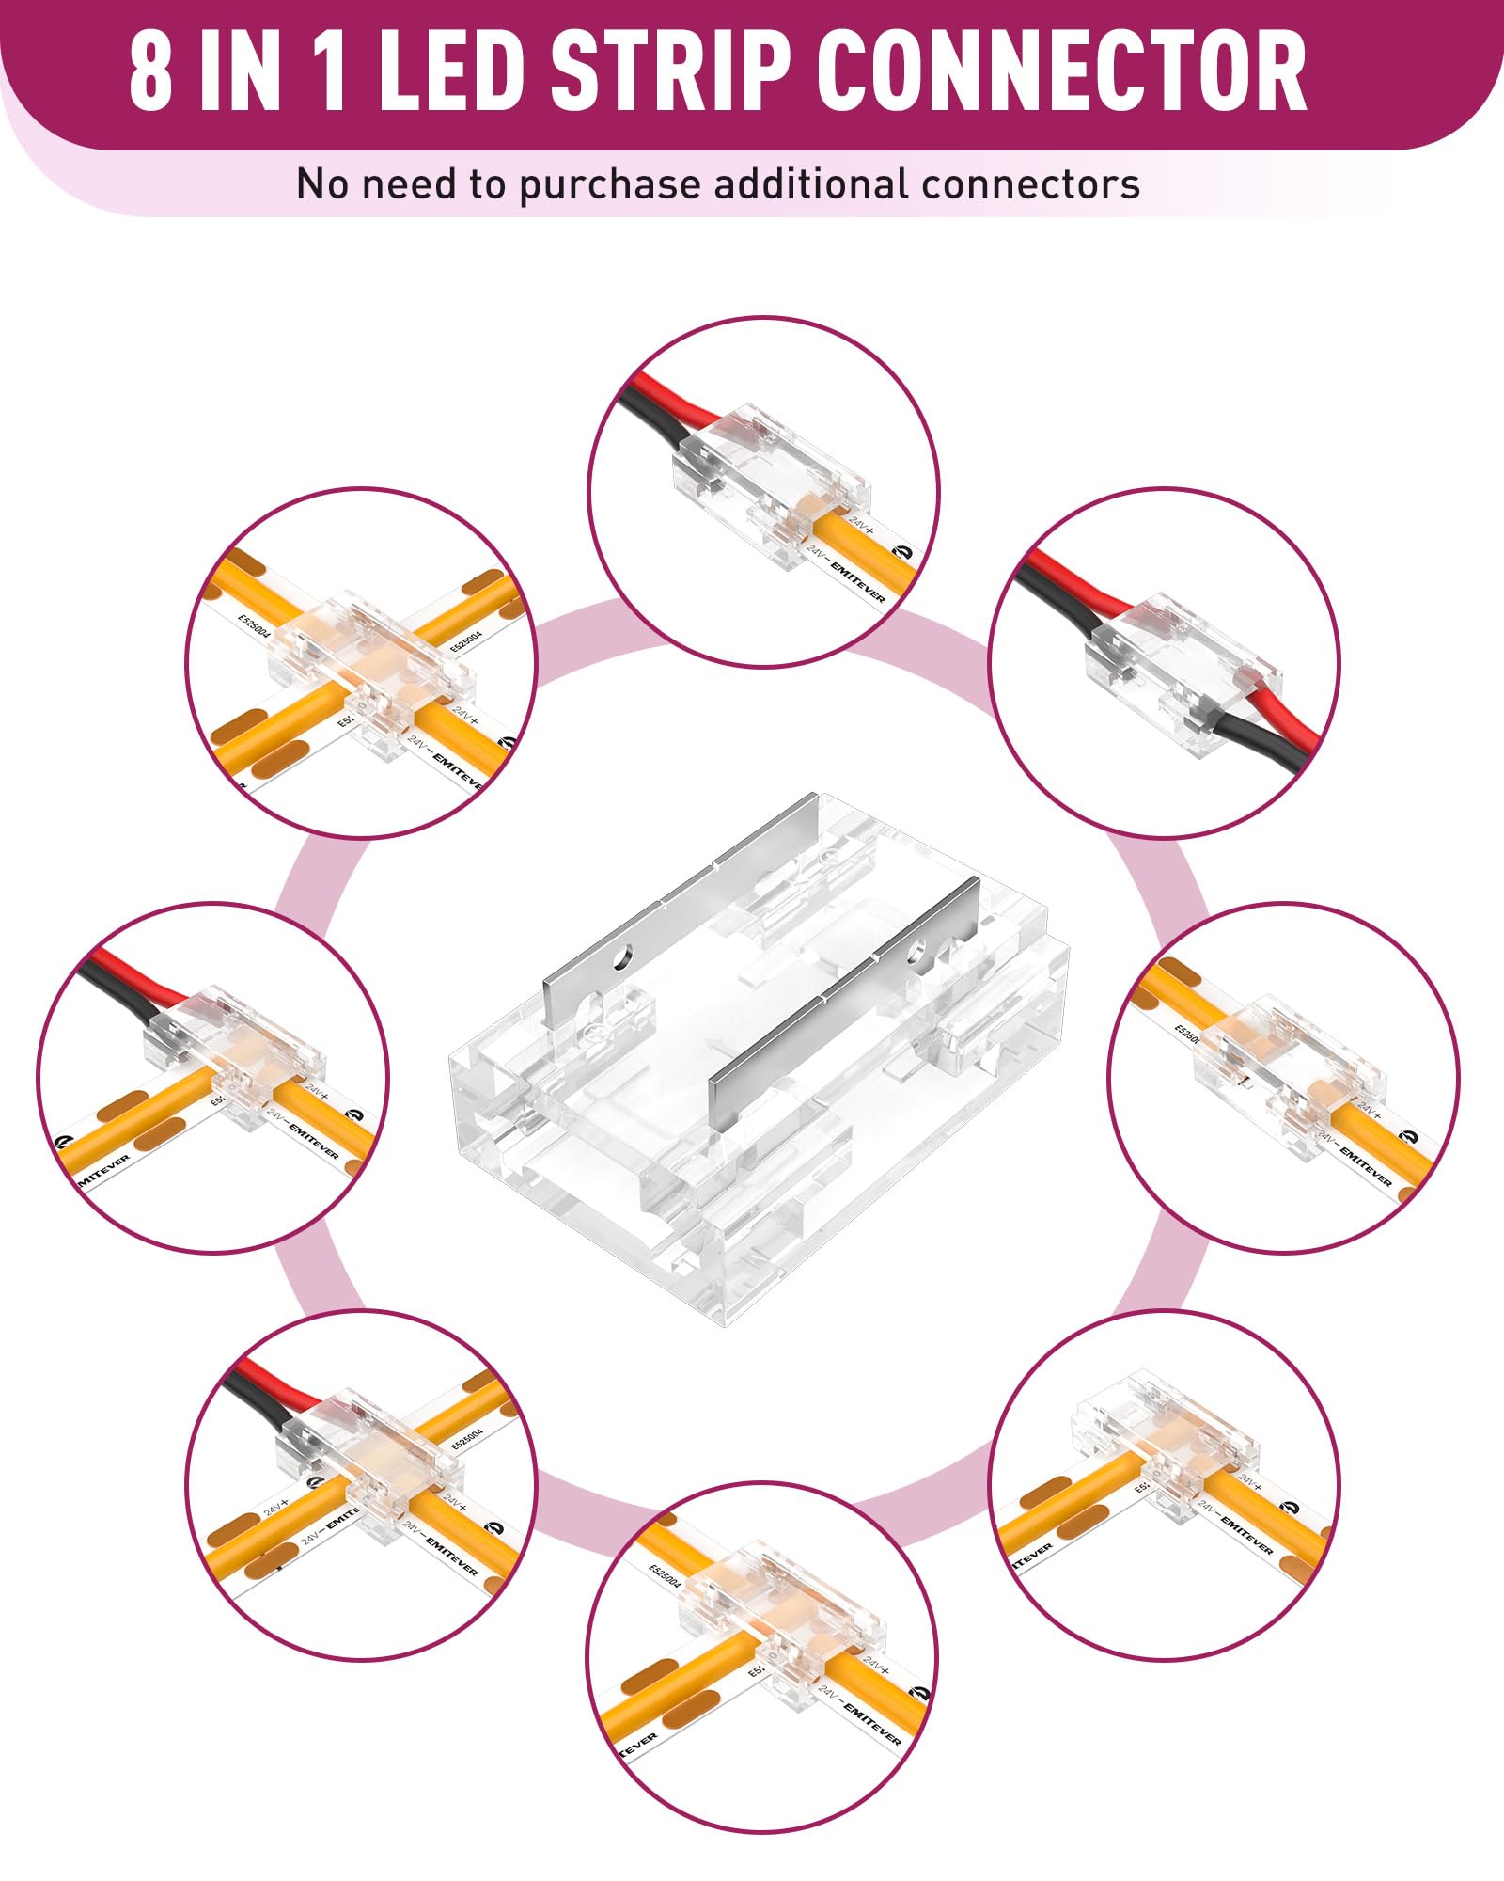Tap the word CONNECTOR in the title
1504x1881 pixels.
(x=1061, y=71)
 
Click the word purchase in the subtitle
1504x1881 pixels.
(x=611, y=184)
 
